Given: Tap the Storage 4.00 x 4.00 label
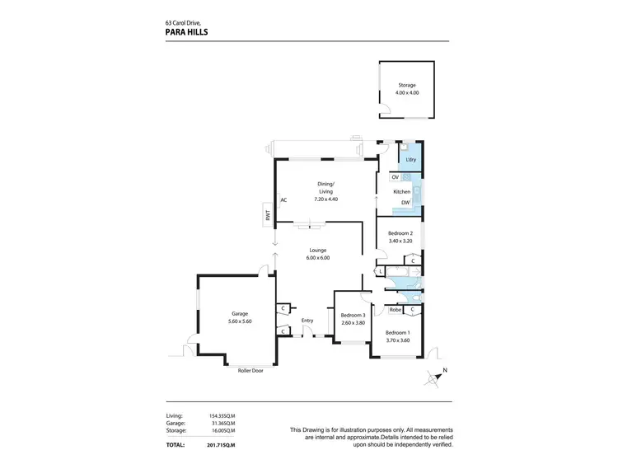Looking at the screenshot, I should [x=408, y=89].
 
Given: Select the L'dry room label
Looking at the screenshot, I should [x=410, y=159].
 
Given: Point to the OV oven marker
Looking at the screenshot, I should [x=396, y=177].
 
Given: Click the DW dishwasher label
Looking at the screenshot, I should [x=405, y=203].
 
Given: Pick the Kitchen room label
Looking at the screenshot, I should [x=401, y=190].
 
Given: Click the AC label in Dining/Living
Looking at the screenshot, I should [x=283, y=199].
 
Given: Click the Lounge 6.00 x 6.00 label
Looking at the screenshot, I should [x=318, y=254].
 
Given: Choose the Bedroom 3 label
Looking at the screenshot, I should [x=353, y=315].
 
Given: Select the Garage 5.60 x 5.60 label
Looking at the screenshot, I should [x=240, y=317].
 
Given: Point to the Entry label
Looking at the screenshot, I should [x=307, y=321].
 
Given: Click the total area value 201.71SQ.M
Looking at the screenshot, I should [x=221, y=444].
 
